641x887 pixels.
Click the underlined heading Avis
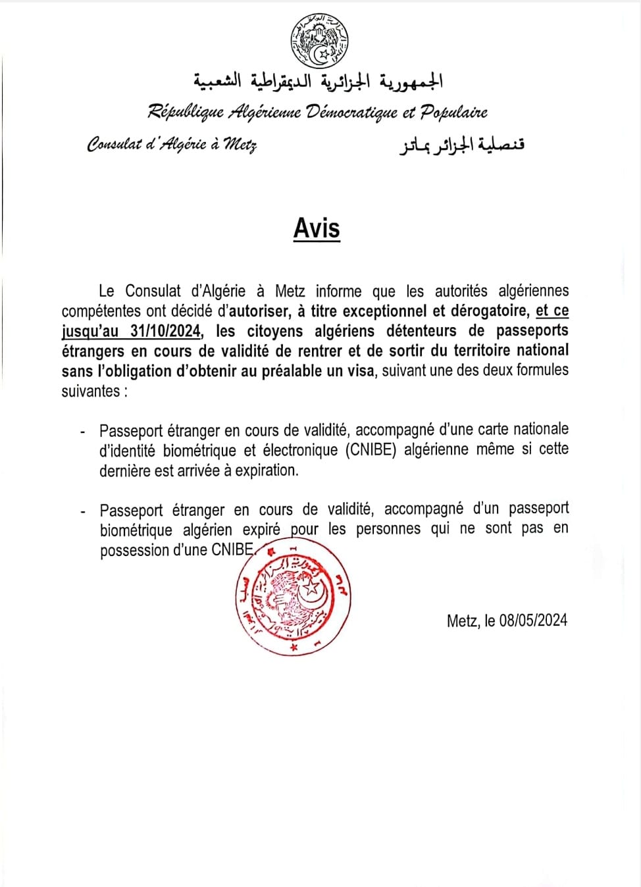pos(317,228)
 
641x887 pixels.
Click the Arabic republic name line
pos(318,82)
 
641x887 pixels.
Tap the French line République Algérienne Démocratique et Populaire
pos(317,112)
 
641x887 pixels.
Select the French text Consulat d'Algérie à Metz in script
pos(172,144)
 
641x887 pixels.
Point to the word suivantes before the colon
pos(90,391)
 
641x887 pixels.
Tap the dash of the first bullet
pos(82,432)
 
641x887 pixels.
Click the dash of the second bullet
pos(82,511)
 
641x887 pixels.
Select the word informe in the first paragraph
pos(338,291)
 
